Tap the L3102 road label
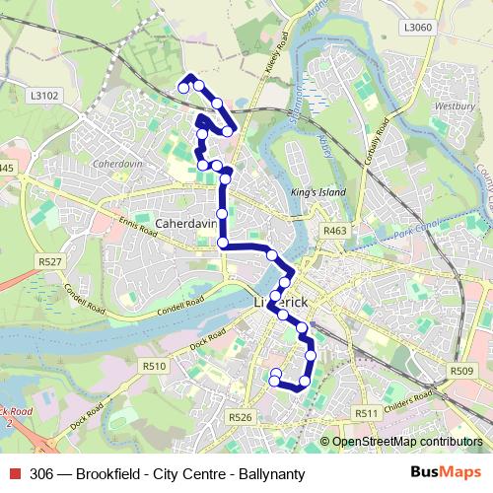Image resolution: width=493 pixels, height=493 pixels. coord(45,95)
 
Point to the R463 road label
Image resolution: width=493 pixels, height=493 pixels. coord(335,230)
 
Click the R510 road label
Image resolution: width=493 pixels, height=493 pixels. coord(154,366)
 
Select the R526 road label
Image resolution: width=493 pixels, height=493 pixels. coord(241,418)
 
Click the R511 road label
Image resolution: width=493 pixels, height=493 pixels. coord(367,413)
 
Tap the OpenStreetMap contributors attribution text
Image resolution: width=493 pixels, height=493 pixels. coord(406,443)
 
